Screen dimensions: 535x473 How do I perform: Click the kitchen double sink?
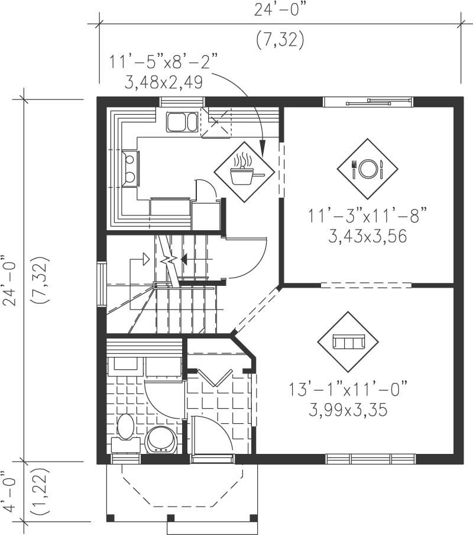click(182, 122)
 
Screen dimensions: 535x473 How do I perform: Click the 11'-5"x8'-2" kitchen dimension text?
click(164, 62)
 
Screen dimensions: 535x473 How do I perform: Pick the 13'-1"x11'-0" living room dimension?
click(349, 391)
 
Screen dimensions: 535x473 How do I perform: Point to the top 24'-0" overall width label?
click(280, 8)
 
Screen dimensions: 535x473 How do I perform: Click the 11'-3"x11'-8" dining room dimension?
click(367, 216)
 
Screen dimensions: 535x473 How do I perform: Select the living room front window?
click(370, 459)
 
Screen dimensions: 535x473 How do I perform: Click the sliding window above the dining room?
click(368, 102)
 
